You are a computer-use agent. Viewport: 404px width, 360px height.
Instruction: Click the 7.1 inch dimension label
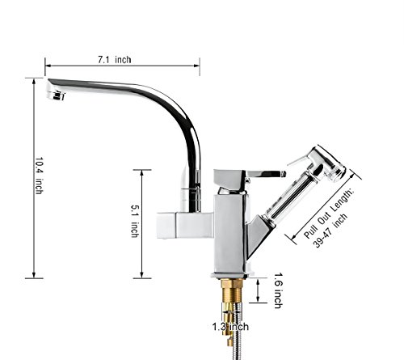pos(115,60)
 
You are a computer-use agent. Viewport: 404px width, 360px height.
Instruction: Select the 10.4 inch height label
pos(39,176)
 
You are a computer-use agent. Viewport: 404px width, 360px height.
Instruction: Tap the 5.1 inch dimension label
pos(135,221)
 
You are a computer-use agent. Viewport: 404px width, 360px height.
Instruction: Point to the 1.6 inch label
pos(278,290)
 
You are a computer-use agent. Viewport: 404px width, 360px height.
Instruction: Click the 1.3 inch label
pos(230,327)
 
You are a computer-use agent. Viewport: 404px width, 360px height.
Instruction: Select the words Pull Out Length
pos(328,214)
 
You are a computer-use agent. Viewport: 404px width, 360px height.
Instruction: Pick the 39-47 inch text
pos(330,231)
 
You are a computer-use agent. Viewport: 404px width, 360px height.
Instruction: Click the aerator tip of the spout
pos(56,95)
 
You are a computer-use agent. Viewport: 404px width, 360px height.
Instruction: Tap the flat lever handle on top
pos(264,174)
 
